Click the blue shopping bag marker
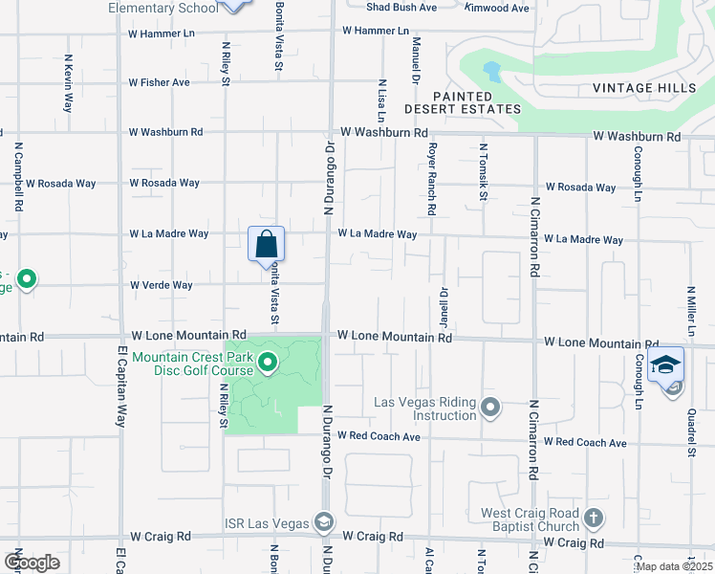click(267, 244)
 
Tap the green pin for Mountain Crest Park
click(268, 363)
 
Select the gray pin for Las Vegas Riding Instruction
click(490, 408)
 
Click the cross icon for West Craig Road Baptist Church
click(594, 519)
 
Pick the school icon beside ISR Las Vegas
click(324, 522)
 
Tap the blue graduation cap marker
click(665, 364)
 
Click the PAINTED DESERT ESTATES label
click(477, 102)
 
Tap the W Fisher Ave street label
click(160, 82)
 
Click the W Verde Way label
click(162, 285)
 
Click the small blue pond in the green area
click(492, 71)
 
